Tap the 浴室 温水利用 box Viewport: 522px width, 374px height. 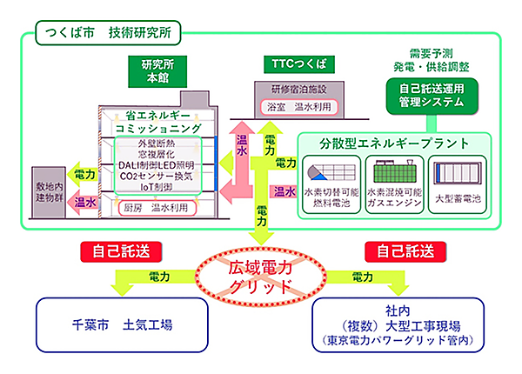pyautogui.click(x=286, y=105)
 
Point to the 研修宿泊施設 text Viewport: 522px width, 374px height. pyautogui.click(x=286, y=90)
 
